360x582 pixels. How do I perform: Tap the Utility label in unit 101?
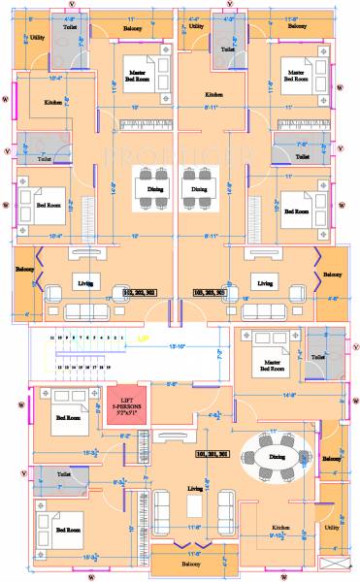[x=332, y=528]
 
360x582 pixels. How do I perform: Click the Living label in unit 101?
[x=194, y=489]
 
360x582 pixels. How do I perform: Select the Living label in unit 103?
[x=261, y=282]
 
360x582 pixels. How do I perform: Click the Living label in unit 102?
[x=86, y=282]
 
